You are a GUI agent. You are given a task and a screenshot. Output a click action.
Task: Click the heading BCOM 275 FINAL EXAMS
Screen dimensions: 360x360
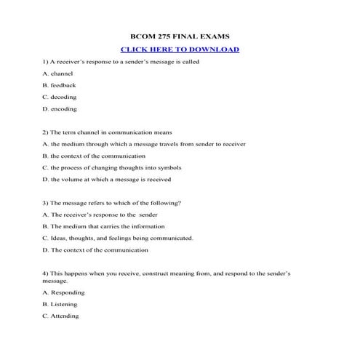pos(180,36)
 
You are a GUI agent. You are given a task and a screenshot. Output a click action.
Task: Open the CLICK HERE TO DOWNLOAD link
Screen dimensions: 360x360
pos(180,49)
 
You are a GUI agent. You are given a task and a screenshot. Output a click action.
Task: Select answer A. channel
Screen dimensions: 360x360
pos(59,73)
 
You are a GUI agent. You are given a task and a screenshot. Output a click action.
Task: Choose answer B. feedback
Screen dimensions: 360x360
pos(60,85)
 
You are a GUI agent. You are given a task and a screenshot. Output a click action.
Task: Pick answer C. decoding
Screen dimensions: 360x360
pos(60,97)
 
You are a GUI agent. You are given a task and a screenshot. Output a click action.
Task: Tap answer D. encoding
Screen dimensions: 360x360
pos(60,109)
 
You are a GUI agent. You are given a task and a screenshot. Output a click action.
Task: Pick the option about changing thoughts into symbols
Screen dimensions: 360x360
pos(112,167)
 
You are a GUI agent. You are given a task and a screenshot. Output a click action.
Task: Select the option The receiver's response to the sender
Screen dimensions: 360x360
pos(100,215)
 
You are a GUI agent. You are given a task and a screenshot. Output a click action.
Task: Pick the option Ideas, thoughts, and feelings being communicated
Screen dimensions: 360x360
pos(118,238)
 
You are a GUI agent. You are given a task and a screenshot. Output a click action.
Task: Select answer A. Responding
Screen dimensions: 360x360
pos(63,292)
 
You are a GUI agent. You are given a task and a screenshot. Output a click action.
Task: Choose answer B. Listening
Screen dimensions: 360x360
pos(60,304)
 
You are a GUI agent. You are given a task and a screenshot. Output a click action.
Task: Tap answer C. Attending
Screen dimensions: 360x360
pos(60,316)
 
